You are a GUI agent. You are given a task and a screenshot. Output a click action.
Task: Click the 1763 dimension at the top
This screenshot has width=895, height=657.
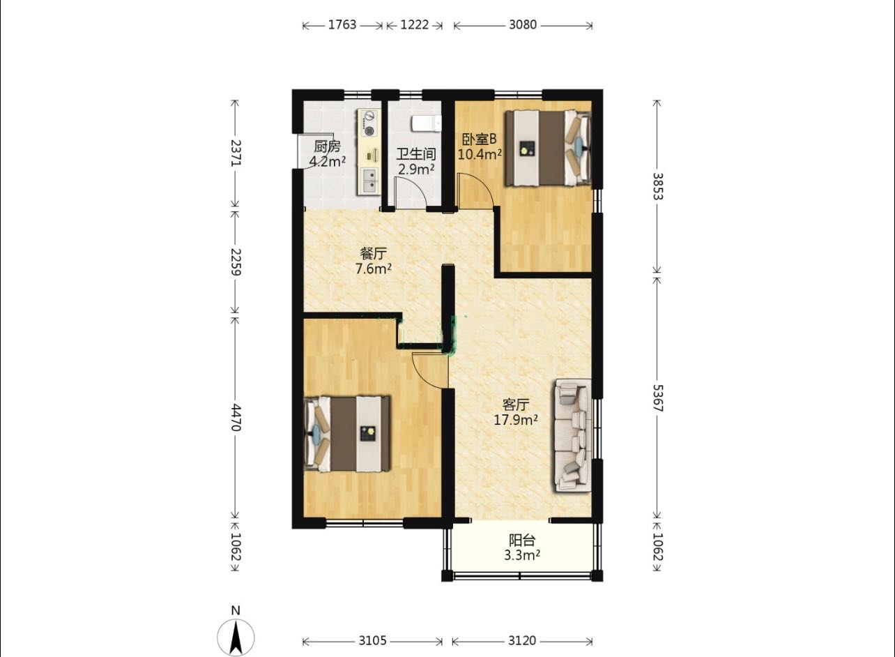click(342, 25)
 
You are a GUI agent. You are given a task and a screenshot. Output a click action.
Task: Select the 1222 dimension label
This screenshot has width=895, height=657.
click(414, 25)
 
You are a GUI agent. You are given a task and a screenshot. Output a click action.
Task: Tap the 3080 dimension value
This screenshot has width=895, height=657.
click(523, 25)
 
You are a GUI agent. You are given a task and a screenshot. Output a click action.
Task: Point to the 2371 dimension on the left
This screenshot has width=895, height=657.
click(236, 153)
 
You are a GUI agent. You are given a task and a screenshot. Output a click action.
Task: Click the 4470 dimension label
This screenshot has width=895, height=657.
click(236, 418)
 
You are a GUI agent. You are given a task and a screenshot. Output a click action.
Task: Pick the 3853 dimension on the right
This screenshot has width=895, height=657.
click(657, 186)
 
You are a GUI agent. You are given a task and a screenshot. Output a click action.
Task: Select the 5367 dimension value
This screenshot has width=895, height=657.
click(657, 398)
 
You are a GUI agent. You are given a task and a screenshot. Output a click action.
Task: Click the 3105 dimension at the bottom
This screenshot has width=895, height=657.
click(372, 641)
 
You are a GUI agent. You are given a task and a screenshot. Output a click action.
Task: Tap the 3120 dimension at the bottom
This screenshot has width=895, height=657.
click(522, 641)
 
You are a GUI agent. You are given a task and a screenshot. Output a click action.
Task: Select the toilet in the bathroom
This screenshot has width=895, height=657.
click(427, 123)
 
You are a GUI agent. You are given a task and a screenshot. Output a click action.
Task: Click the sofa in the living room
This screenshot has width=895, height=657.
click(572, 436)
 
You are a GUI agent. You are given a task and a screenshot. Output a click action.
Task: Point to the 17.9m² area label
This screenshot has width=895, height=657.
click(516, 421)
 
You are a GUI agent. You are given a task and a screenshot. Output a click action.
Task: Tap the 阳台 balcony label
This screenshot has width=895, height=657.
click(522, 541)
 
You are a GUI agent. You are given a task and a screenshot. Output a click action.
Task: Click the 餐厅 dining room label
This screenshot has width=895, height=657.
click(373, 253)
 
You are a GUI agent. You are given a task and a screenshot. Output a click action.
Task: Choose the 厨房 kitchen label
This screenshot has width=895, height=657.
click(327, 146)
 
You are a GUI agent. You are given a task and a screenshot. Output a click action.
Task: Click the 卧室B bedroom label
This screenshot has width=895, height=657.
click(479, 139)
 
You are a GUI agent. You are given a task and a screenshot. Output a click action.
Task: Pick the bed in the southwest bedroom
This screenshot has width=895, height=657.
click(346, 434)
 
